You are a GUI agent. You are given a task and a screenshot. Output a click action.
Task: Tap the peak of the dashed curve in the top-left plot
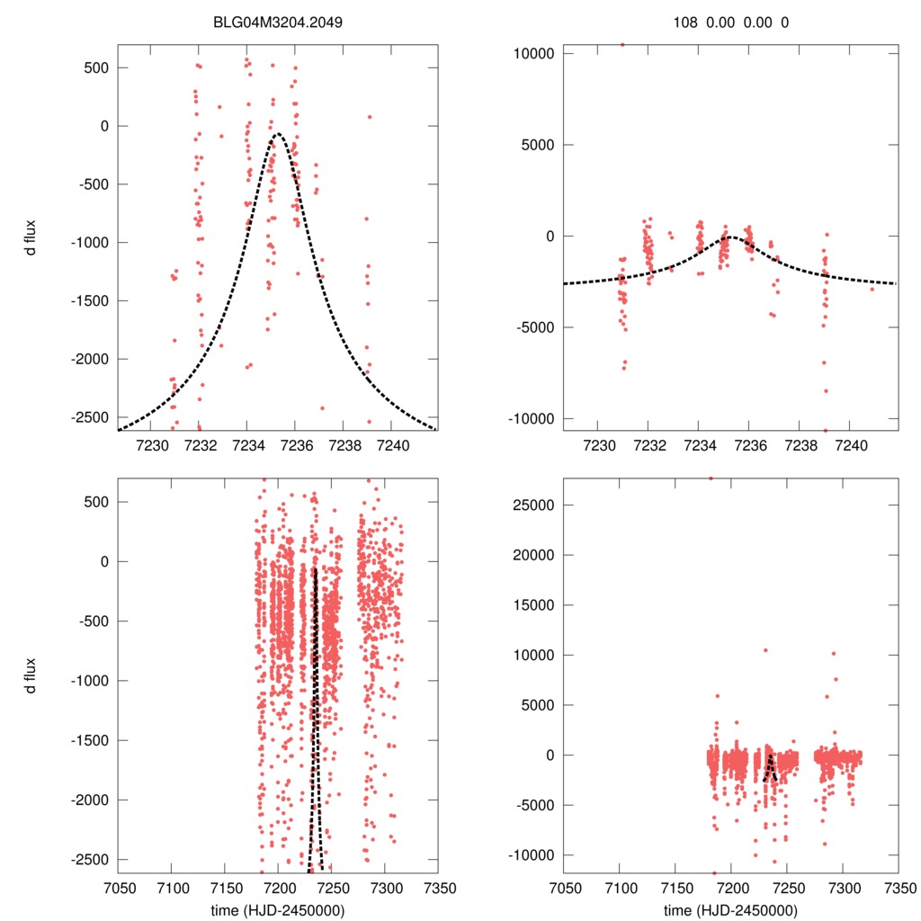[x=277, y=134]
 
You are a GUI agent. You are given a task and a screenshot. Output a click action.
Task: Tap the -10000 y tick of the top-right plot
[x=532, y=418]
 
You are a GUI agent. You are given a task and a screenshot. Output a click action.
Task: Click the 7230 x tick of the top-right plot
[x=600, y=444]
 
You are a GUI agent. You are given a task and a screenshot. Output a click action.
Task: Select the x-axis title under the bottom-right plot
[x=730, y=908]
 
